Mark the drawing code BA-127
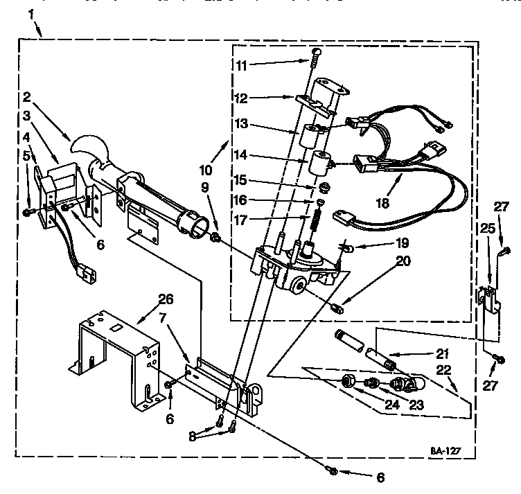tap(443, 450)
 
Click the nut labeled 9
tap(217, 240)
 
